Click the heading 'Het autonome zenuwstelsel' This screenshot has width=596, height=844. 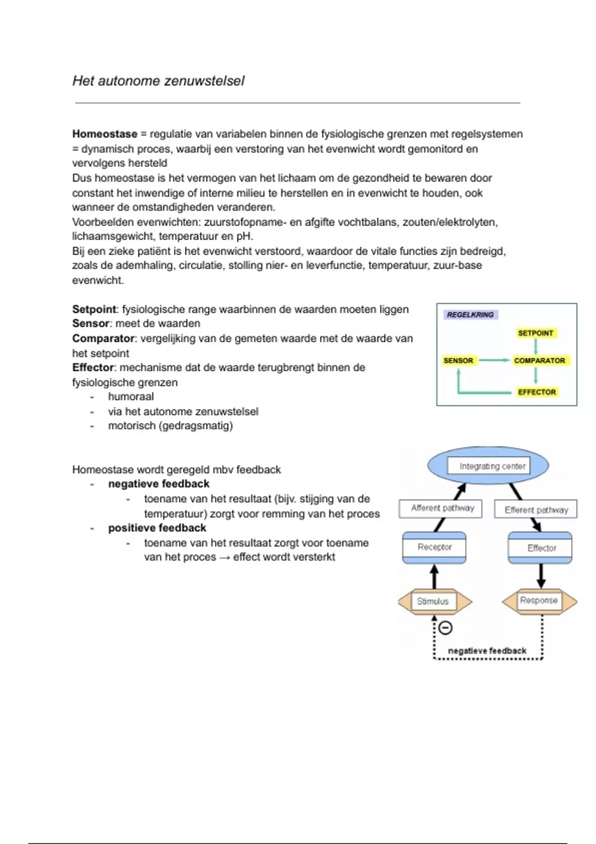pos(158,81)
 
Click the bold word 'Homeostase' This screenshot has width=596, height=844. pos(104,134)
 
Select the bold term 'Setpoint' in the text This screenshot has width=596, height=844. pos(94,309)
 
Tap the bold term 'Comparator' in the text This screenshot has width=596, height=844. pos(103,339)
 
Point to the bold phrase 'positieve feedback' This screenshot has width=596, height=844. pos(157,528)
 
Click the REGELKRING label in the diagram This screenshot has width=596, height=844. pos(470,315)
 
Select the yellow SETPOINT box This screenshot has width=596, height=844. pos(535,333)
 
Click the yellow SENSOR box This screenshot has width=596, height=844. pos(458,360)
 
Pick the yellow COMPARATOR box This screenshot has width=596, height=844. pos(539,360)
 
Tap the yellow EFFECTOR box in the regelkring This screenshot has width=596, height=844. pos(537,392)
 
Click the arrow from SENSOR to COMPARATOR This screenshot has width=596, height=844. pos(494,360)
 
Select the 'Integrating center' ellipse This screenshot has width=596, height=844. pos(488,466)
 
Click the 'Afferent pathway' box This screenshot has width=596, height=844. pos(441,508)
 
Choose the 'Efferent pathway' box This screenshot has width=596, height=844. pos(536,509)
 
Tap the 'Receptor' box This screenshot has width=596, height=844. pos(434,547)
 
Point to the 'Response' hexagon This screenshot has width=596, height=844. pos(539,601)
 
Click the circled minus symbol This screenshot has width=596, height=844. pos(446,628)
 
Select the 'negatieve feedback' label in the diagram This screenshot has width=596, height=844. pos(487,650)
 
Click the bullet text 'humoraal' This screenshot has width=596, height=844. pos(131,397)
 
